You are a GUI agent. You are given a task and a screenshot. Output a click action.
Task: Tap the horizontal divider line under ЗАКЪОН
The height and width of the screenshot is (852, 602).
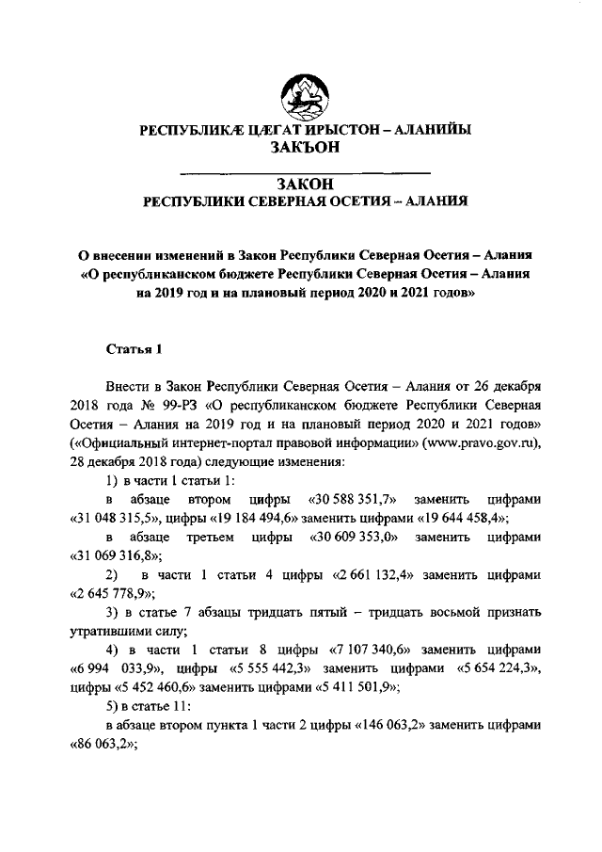click(305, 171)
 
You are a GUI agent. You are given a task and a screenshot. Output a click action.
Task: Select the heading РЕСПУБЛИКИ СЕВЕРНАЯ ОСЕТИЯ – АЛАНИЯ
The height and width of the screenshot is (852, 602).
click(305, 201)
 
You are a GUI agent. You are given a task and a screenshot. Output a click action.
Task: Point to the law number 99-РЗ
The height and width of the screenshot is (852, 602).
click(156, 405)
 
